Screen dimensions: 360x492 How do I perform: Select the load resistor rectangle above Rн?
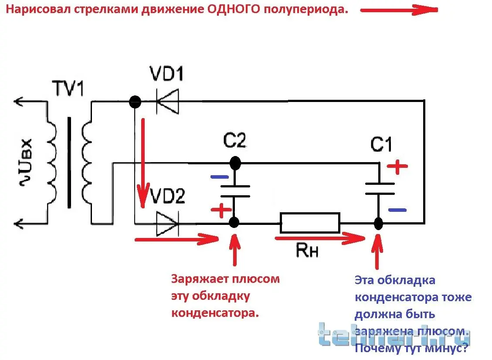click(x=309, y=223)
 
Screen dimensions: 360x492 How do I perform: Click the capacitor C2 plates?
click(x=235, y=191)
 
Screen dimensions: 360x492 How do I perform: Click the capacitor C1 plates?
click(x=379, y=189)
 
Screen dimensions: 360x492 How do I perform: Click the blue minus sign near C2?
click(x=219, y=177)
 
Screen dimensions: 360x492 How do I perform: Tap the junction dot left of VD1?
click(x=135, y=102)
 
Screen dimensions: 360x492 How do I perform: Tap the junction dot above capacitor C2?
click(x=235, y=163)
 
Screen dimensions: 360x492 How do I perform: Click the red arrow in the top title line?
click(x=399, y=10)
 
